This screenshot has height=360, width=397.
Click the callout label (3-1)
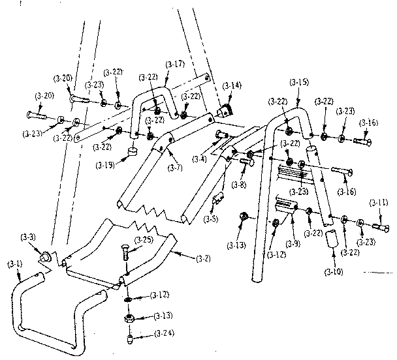pyautogui.click(x=14, y=263)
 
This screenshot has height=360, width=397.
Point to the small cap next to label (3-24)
pyautogui.click(x=131, y=338)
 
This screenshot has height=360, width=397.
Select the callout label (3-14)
pyautogui.click(x=231, y=85)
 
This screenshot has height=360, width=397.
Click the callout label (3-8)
pyautogui.click(x=239, y=184)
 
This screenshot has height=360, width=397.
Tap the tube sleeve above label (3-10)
pyautogui.click(x=332, y=239)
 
